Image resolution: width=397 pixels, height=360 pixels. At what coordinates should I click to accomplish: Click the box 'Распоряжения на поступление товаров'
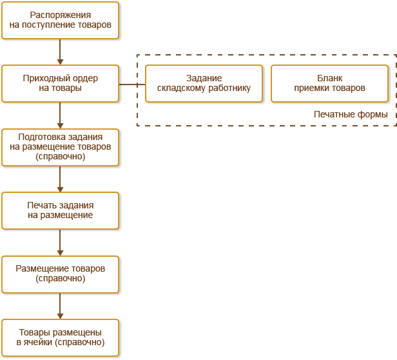tap(61, 20)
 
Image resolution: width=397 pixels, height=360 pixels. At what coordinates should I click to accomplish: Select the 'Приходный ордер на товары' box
tap(61, 84)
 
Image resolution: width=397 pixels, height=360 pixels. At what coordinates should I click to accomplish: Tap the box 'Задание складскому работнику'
tap(204, 84)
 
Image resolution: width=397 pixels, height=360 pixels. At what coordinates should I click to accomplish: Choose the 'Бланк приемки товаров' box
tap(329, 84)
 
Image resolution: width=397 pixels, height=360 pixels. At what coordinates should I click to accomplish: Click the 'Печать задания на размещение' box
tap(61, 211)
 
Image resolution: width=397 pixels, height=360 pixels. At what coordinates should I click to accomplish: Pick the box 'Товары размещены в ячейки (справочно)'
tap(61, 337)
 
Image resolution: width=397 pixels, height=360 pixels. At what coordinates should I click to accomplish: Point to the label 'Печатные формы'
tap(351, 114)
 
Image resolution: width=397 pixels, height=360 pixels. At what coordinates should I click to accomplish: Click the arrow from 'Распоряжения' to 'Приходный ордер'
tap(60, 52)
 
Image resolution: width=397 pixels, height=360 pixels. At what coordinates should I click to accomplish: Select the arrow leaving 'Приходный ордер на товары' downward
tap(60, 115)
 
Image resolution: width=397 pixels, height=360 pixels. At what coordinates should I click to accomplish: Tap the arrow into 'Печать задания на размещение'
tap(60, 179)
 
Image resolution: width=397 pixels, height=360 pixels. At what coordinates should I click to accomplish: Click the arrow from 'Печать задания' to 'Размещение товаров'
tap(60, 243)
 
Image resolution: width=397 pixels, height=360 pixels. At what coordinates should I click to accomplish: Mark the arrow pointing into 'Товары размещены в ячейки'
tap(60, 306)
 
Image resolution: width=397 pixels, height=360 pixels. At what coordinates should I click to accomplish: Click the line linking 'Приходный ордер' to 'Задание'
tap(132, 84)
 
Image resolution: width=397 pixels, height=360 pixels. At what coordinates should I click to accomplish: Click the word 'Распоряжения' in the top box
tap(61, 15)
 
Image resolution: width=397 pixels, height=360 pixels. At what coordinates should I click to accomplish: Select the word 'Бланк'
tap(330, 78)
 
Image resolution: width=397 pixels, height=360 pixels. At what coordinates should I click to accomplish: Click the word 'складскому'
tap(181, 88)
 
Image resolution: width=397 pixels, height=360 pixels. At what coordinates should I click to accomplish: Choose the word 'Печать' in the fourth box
tap(40, 205)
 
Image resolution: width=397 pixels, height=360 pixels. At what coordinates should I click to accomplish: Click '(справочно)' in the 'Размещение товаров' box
tap(61, 278)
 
